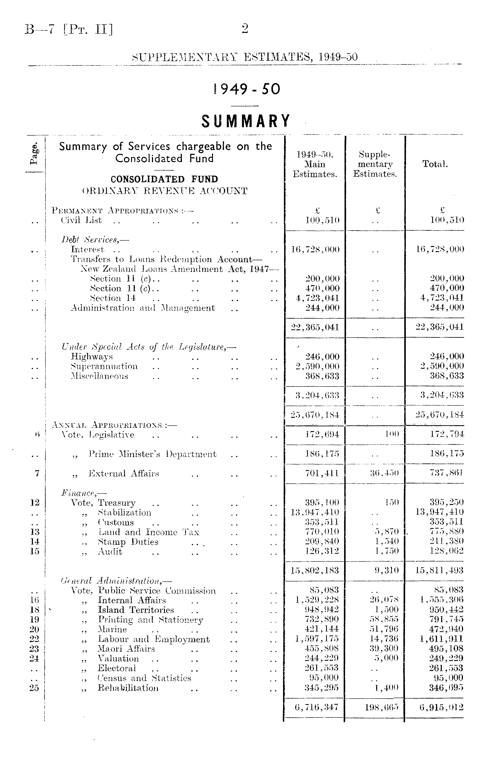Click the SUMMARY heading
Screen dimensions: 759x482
point(246,121)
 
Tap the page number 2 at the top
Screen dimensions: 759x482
point(245,29)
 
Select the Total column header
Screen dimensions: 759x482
point(435,164)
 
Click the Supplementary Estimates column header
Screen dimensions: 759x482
point(375,164)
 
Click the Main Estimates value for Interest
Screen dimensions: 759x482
point(315,249)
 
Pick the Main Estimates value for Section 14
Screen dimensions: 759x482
point(318,298)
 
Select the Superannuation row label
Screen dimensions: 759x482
point(104,366)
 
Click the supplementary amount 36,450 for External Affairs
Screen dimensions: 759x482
point(386,473)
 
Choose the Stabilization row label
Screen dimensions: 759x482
point(125,512)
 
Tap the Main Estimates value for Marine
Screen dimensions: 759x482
point(321,629)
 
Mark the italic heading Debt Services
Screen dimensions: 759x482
point(95,240)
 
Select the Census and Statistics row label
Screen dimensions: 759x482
point(144,678)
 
